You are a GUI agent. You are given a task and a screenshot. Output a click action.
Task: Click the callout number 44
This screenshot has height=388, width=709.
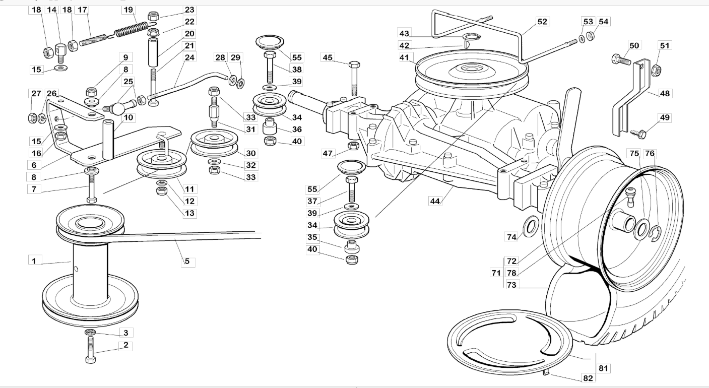click(x=435, y=201)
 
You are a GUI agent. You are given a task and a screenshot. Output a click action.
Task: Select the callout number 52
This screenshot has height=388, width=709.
click(x=542, y=22)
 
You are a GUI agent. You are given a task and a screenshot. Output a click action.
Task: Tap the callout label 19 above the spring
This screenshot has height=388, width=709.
click(x=128, y=10)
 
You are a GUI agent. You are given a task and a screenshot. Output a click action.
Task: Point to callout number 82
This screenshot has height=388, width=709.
click(x=588, y=378)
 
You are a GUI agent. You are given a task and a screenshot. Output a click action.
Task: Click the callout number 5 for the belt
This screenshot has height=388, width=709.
click(x=187, y=262)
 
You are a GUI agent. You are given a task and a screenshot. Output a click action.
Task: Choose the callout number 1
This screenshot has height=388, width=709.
click(x=34, y=261)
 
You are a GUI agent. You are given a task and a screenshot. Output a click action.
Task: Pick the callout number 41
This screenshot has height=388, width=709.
click(x=404, y=57)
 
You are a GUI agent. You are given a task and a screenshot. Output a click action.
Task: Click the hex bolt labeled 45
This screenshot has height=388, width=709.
click(x=354, y=79)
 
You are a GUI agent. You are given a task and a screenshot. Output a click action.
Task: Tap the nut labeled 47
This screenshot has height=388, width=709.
click(x=353, y=147)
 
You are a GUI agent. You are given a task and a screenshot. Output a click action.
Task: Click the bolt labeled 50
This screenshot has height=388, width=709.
click(x=621, y=59)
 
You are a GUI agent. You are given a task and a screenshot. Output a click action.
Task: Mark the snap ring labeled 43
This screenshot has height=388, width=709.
click(x=472, y=37)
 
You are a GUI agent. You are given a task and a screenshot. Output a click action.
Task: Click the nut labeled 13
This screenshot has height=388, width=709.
click(x=162, y=191)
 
